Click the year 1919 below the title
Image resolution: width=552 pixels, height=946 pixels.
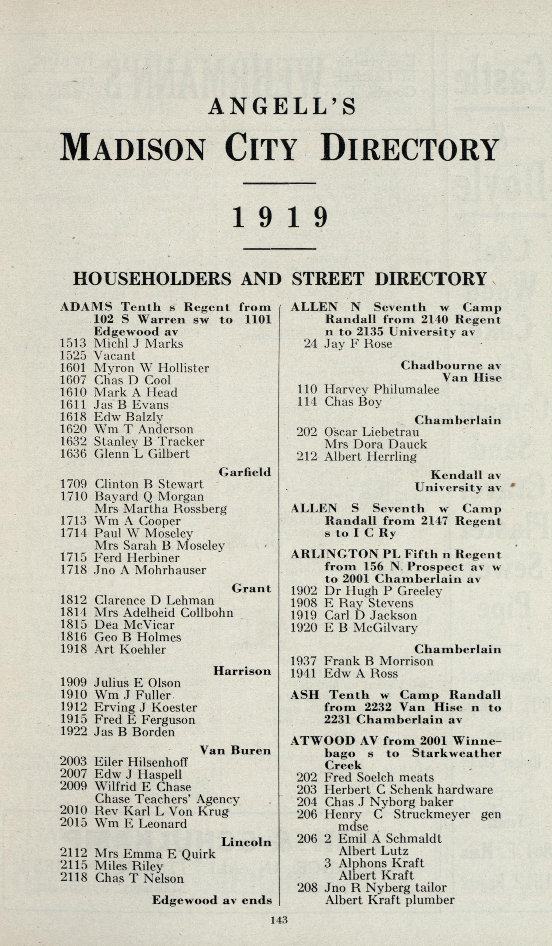click(280, 218)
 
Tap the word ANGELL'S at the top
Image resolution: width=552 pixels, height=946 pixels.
click(282, 107)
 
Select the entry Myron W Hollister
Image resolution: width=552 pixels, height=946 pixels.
click(151, 368)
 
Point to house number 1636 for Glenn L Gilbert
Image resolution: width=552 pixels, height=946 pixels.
click(73, 454)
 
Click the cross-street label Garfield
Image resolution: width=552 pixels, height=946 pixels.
click(244, 472)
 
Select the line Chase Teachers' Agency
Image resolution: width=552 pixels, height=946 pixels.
click(167, 800)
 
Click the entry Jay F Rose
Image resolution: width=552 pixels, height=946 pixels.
click(358, 344)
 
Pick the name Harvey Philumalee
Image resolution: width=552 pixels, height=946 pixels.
click(382, 389)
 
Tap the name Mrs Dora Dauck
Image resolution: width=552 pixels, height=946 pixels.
click(375, 445)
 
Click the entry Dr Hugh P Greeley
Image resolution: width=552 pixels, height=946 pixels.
click(383, 591)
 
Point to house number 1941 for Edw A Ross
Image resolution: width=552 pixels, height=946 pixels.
click(304, 674)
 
